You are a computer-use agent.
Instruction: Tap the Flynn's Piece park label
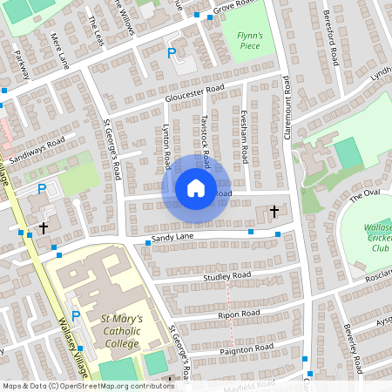[x=249, y=39]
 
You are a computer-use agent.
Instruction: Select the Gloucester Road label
[x=194, y=93]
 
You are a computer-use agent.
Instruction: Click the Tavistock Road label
[x=206, y=139]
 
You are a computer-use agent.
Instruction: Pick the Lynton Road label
[x=166, y=147]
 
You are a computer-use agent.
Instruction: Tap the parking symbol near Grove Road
[x=172, y=54]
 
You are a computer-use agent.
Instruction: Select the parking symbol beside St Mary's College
[x=75, y=316]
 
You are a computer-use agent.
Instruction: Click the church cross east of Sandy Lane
[x=274, y=212]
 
